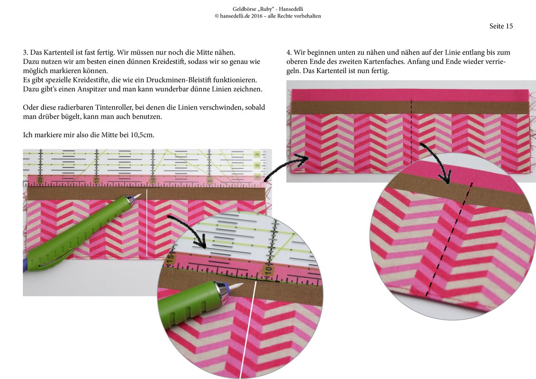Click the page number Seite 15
tap(501, 26)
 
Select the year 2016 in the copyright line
tap(257, 16)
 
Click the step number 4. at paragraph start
tap(289, 53)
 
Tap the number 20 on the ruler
tap(40, 180)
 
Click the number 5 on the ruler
tap(209, 180)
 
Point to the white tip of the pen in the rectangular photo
tap(138, 196)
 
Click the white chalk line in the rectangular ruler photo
tap(146, 223)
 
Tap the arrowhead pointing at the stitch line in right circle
tap(447, 178)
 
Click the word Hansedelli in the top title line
tap(291, 9)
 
